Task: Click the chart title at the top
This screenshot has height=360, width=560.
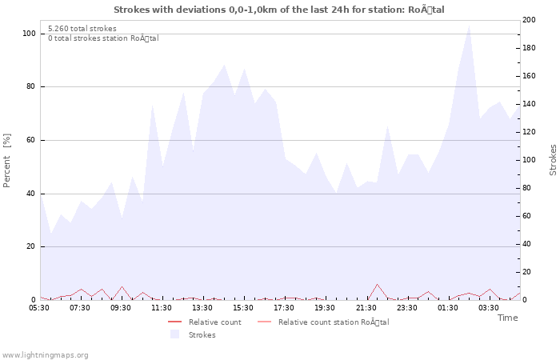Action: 279,10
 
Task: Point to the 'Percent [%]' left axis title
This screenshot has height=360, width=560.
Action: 7,160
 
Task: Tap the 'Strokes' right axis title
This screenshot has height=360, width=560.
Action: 553,160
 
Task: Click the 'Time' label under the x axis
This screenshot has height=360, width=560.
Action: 507,318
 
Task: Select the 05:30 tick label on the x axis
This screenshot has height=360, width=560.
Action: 39,307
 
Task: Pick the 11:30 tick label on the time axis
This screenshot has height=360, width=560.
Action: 162,307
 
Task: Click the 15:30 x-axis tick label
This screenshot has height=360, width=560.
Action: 243,307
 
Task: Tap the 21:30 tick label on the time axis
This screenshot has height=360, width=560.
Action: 366,307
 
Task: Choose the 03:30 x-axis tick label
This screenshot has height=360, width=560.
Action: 488,307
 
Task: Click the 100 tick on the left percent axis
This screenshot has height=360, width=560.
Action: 29,34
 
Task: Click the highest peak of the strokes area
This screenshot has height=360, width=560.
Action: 469,25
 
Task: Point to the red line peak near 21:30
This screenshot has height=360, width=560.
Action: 377,284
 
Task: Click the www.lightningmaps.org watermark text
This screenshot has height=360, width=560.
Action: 45,354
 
